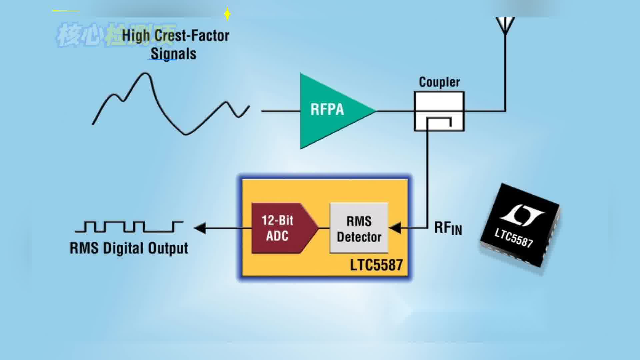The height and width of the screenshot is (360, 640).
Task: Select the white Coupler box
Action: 439,111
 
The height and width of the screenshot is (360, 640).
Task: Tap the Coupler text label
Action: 439,82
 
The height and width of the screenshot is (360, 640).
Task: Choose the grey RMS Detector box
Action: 359,228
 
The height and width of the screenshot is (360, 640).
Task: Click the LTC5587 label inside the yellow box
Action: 376,265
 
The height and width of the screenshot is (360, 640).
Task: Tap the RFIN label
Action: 448,228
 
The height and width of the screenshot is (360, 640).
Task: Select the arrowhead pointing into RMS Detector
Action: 395,228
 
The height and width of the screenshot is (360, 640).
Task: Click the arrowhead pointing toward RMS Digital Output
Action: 200,228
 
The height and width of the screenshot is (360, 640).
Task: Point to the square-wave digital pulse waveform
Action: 129,226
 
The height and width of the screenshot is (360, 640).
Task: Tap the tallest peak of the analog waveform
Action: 145,74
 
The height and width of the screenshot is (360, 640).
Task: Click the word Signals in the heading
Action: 173,54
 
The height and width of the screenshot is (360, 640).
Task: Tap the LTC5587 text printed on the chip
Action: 513,238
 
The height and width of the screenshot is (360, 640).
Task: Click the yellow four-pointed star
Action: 227,14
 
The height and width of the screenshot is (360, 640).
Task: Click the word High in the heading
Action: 136,36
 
